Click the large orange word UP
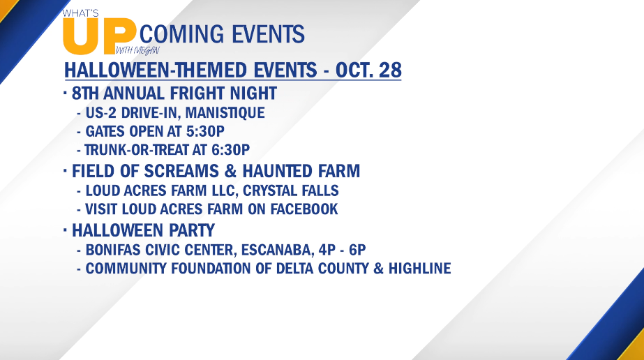point(98,36)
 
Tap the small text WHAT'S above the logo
point(80,13)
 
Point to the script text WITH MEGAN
point(137,50)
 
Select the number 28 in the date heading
point(390,70)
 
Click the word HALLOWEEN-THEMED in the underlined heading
point(191,70)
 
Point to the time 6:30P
point(230,150)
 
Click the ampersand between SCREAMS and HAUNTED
point(230,171)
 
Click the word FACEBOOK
point(304,209)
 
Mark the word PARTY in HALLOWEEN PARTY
point(190,230)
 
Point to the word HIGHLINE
point(420,269)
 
